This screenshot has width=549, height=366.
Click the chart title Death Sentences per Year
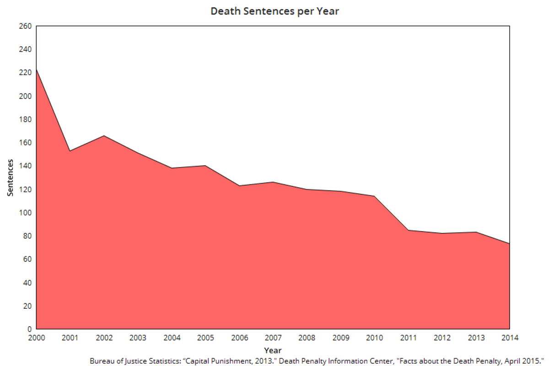coord(274,11)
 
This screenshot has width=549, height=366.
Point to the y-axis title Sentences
coord(10,178)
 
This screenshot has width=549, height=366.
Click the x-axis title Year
coord(273,350)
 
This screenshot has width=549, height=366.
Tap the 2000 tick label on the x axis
coord(36,339)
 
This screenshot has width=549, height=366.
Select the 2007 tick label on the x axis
coord(273,339)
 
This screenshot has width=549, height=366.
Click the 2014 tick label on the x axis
coord(509,339)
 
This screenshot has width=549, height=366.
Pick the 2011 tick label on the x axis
coord(408,339)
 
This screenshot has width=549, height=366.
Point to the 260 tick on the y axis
coord(25,26)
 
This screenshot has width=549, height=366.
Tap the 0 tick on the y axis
coord(29,329)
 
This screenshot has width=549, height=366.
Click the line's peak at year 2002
coord(104,136)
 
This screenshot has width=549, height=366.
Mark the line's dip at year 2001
coord(70,151)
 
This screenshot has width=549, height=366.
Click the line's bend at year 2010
coord(374,196)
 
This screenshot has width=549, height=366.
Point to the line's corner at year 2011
coord(408,230)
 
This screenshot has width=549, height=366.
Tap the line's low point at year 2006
coord(239,186)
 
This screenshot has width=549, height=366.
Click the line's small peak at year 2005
coord(205,166)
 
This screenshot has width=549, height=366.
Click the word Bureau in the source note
coord(102,360)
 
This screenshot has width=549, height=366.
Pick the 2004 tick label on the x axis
coord(172,339)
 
